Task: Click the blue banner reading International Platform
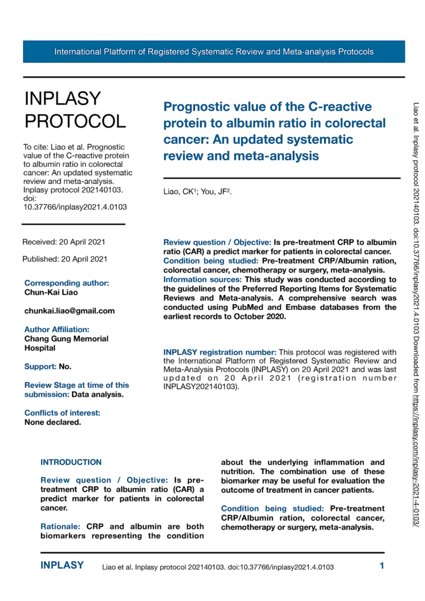tap(214, 52)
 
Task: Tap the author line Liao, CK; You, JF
tap(197, 191)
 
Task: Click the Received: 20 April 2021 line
tap(64, 242)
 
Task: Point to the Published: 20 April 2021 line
tap(65, 259)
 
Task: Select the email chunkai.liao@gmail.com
tap(69, 310)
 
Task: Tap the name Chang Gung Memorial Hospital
tap(58, 343)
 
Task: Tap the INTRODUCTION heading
tap(71, 462)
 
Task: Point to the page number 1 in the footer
tap(382, 566)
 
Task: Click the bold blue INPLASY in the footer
tap(62, 566)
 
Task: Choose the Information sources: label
tap(203, 279)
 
